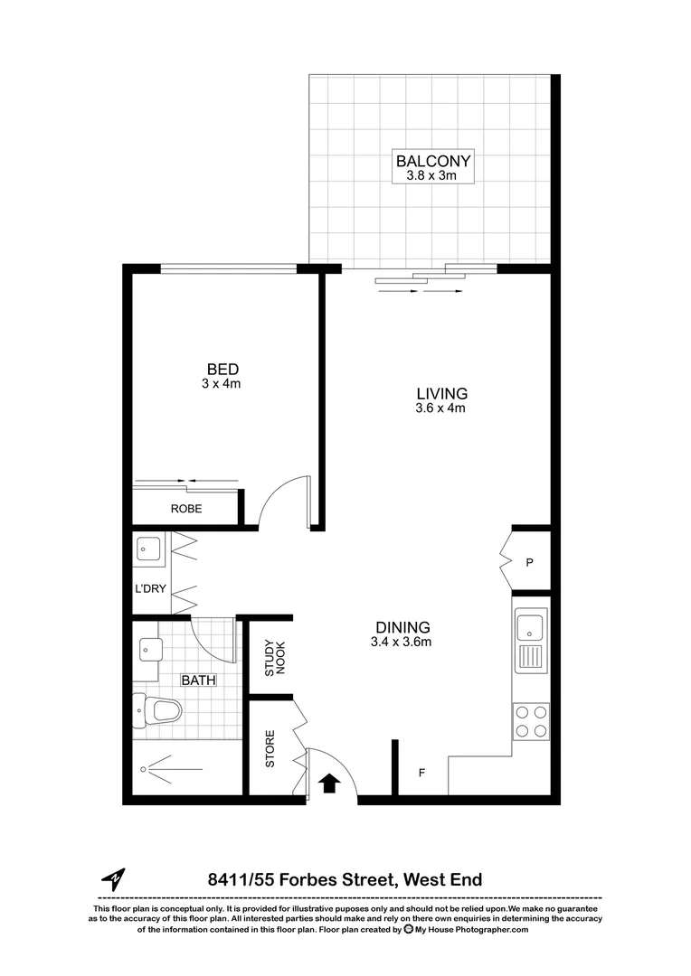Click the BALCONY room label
[434, 162]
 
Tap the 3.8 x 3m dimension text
[434, 176]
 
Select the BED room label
[222, 369]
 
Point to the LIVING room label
[441, 393]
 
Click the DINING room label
[402, 628]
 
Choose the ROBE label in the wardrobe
[186, 509]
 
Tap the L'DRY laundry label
[147, 587]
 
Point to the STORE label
[270, 748]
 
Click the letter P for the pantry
[530, 562]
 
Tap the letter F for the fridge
[421, 774]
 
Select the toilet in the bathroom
[159, 710]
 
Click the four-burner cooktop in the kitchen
[531, 720]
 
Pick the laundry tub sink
[147, 548]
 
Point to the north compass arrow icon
[113, 878]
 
